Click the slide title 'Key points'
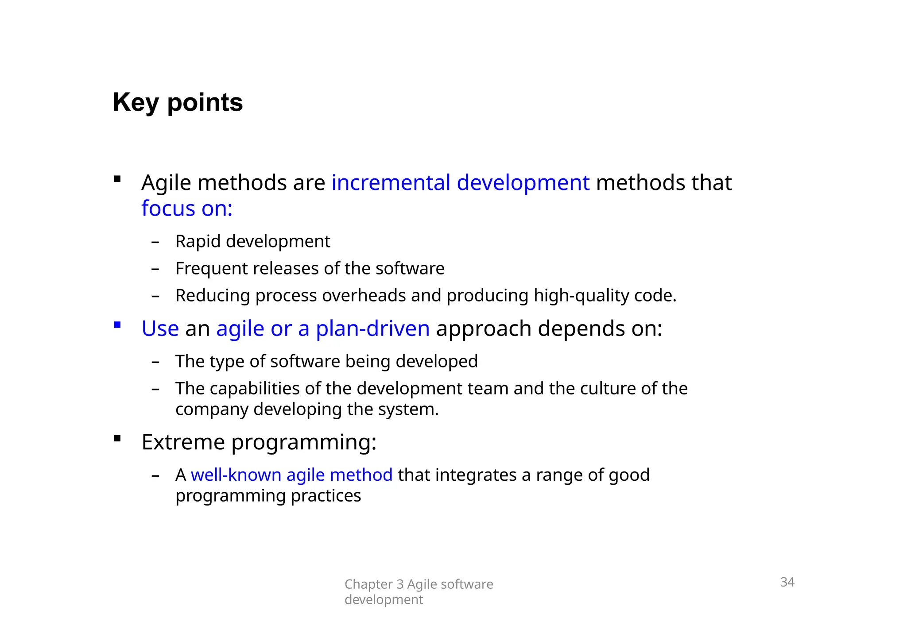pos(178,103)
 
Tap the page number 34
pos(787,582)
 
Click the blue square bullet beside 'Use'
pos(117,325)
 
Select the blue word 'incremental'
pos(391,182)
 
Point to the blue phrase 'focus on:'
pos(187,209)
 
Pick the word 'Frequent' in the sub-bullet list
pos(212,269)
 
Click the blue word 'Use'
pos(160,328)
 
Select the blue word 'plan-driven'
pos(372,328)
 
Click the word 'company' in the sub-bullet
pos(211,410)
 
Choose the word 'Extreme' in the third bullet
pos(183,442)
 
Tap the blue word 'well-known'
pos(236,475)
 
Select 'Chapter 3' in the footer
pos(374,584)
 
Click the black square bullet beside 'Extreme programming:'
pos(117,439)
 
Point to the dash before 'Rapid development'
pos(155,242)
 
